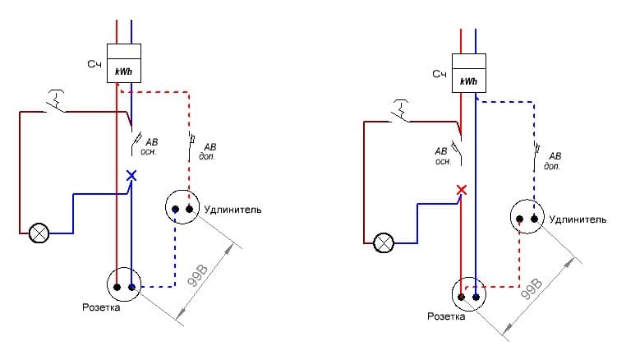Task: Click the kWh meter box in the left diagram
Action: [x=124, y=63]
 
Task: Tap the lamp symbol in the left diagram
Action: [x=38, y=233]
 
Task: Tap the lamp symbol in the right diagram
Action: [x=383, y=243]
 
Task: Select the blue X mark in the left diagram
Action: [x=131, y=175]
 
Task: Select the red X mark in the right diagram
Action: [x=462, y=190]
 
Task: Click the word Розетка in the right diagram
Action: [x=447, y=316]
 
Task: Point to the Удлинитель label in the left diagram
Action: [x=233, y=210]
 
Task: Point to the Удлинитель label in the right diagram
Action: [x=578, y=219]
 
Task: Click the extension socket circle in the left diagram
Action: [x=182, y=209]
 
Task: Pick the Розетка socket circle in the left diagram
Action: [x=124, y=286]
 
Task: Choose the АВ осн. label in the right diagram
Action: [x=444, y=155]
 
